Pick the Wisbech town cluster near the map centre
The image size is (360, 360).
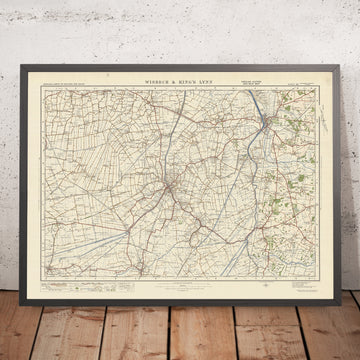177,184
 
